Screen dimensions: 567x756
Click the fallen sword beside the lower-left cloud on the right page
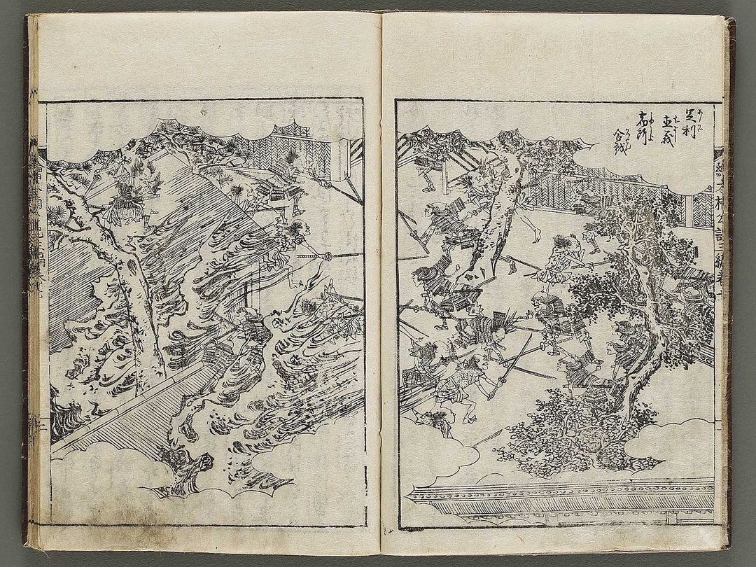pyautogui.click(x=483, y=437)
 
